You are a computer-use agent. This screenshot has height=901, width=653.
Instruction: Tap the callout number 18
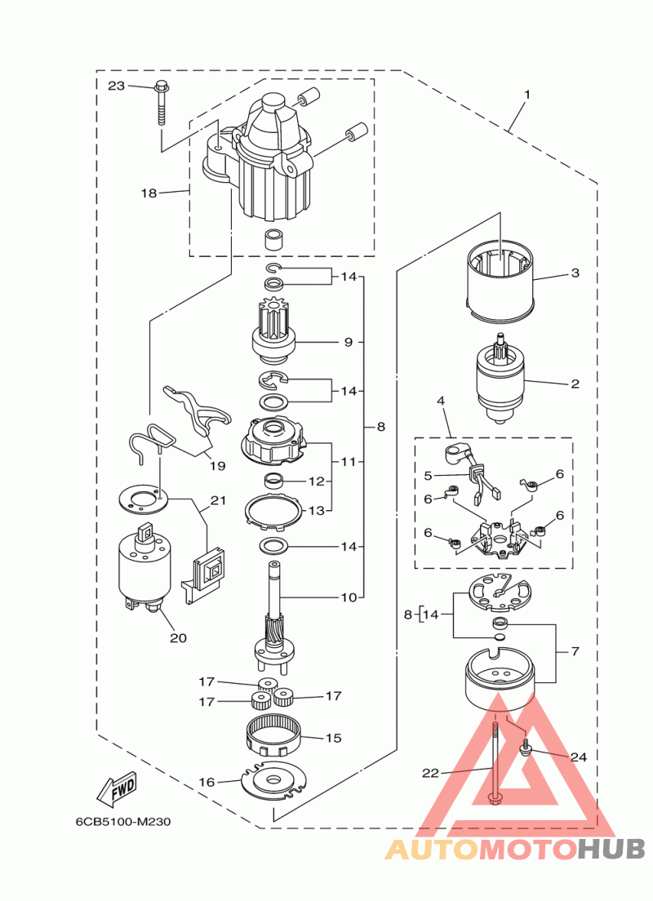tap(149, 193)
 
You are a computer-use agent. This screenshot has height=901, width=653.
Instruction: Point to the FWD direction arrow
tap(116, 788)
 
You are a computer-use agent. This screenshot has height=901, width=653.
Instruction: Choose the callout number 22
tap(431, 772)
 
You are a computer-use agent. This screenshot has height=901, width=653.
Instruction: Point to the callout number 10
tap(349, 597)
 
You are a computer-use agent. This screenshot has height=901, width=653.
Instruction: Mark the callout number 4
tap(441, 401)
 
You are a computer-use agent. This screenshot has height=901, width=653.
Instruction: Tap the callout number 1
tap(526, 95)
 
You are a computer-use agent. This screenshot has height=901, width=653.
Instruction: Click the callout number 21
tap(217, 500)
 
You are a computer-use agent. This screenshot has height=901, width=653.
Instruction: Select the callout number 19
tap(217, 466)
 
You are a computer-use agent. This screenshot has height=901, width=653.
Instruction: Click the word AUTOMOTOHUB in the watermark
tap(515, 850)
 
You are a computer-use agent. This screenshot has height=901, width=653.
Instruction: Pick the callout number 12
tap(317, 482)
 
